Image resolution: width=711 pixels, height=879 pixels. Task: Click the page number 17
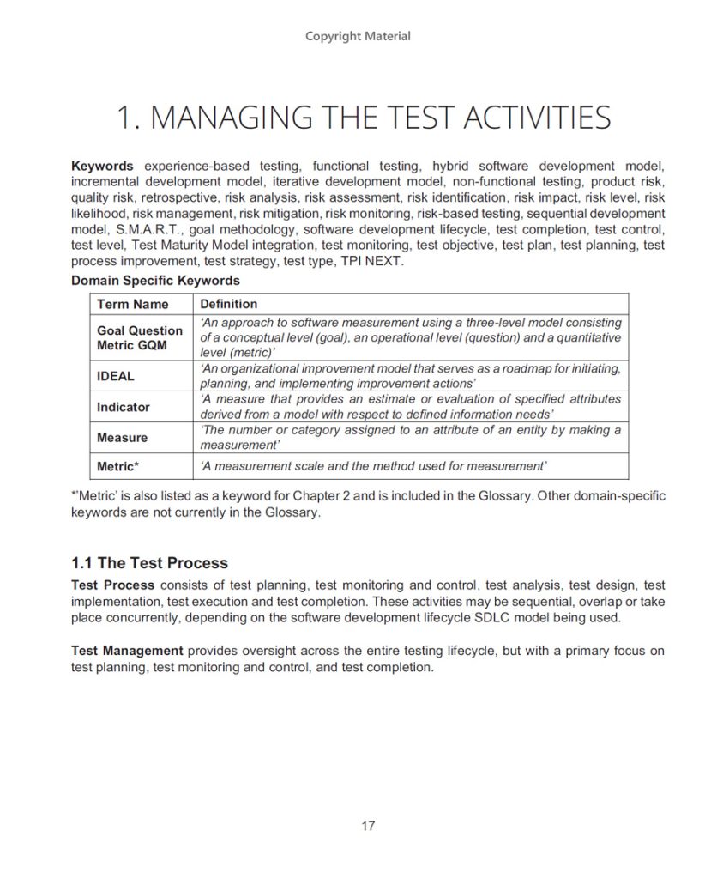pyautogui.click(x=368, y=826)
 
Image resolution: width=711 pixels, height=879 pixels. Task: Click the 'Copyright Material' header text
pyautogui.click(x=358, y=36)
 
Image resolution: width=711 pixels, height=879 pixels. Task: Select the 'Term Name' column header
pyautogui.click(x=133, y=304)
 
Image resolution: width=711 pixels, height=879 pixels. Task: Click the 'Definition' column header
pyautogui.click(x=228, y=304)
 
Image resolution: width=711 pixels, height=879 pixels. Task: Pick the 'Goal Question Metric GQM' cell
pyautogui.click(x=140, y=338)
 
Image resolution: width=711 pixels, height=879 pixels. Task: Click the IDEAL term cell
pyautogui.click(x=116, y=376)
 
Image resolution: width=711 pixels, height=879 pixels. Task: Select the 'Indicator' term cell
pyautogui.click(x=123, y=407)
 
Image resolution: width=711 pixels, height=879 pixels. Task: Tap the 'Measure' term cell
pyautogui.click(x=122, y=438)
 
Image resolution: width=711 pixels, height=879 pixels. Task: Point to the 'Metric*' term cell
pyautogui.click(x=118, y=466)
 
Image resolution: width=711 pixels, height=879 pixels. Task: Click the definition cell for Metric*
pyautogui.click(x=373, y=466)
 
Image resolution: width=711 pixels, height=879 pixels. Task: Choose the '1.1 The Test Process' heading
pyautogui.click(x=149, y=563)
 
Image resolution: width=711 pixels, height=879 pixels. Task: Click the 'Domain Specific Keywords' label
pyautogui.click(x=155, y=280)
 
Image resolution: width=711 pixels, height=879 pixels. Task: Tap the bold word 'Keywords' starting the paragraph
pyautogui.click(x=102, y=166)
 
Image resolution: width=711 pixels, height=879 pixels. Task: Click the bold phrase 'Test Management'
pyautogui.click(x=127, y=652)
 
